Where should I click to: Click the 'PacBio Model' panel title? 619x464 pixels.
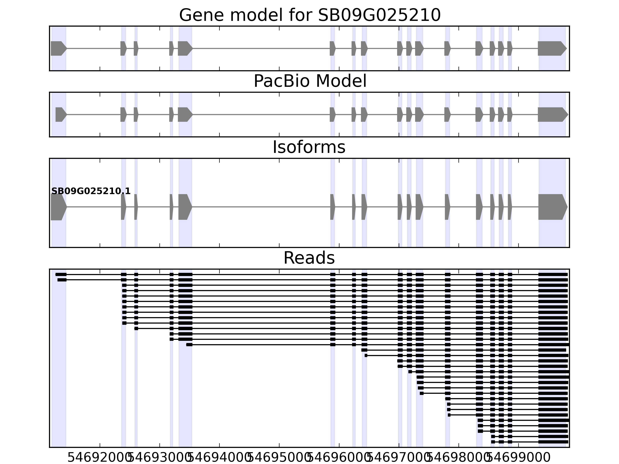coord(310,81)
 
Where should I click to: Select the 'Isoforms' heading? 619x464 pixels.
coord(309,147)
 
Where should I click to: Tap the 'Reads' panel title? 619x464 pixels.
coord(309,258)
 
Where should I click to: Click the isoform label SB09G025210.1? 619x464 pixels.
coord(91,191)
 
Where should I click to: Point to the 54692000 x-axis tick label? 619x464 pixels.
coord(100,458)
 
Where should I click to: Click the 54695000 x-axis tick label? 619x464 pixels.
coord(279,458)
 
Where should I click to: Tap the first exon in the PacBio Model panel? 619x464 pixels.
coord(60,114)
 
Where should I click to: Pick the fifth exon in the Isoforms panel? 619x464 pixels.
coord(185,207)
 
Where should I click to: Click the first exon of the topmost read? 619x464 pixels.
coord(61,274)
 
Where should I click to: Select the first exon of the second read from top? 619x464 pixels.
coord(62,280)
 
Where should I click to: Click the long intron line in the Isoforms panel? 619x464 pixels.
coord(260,207)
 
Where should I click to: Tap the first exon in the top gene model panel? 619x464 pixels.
coord(58,48)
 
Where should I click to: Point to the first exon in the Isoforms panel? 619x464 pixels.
coord(58,207)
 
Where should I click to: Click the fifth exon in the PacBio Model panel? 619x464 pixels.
coord(185,114)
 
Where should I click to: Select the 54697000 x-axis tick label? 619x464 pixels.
coord(398,458)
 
